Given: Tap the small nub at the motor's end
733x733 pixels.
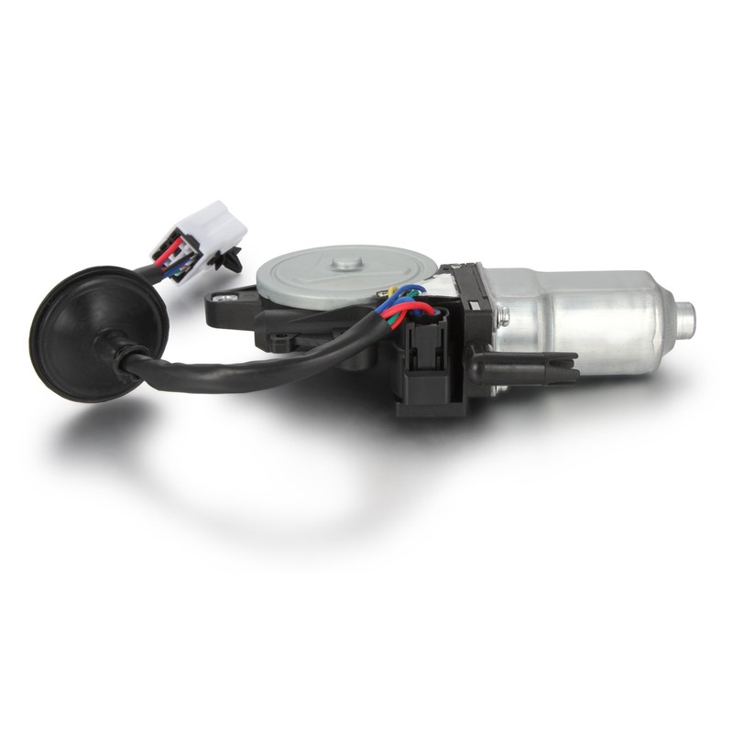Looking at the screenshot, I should [684, 317].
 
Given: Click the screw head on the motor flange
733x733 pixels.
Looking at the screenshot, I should [503, 316].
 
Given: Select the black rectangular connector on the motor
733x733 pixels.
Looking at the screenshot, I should [423, 366].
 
